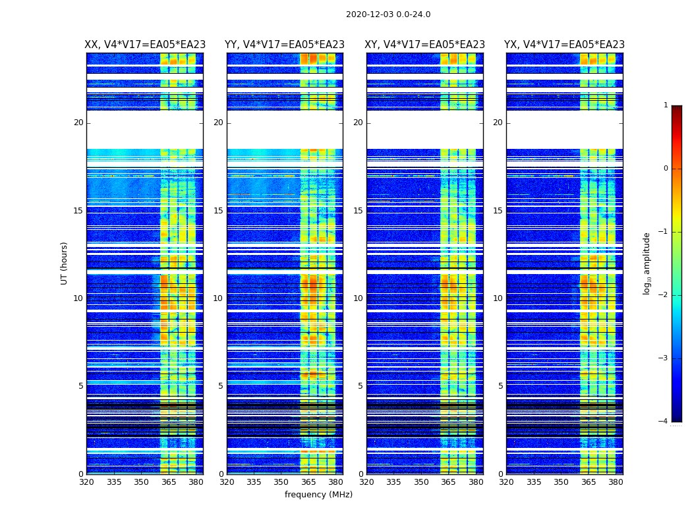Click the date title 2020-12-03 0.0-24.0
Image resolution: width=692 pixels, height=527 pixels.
click(x=388, y=14)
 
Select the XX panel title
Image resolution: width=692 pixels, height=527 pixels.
click(x=145, y=45)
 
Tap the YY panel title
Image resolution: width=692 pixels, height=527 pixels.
click(x=285, y=45)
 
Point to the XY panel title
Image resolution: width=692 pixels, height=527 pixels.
click(x=425, y=45)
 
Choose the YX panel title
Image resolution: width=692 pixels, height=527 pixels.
click(x=565, y=45)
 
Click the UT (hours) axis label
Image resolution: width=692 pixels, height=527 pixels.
click(x=64, y=263)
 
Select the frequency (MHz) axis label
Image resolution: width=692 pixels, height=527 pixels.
click(x=318, y=495)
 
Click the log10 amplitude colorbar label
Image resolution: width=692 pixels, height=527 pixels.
click(x=647, y=263)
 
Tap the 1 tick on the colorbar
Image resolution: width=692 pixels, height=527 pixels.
click(x=665, y=105)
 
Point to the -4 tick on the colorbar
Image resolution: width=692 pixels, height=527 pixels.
click(x=663, y=422)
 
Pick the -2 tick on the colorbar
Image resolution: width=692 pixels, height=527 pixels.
click(x=663, y=295)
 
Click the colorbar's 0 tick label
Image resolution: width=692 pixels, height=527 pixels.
click(x=665, y=169)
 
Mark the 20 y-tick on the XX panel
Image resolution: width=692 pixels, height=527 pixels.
click(x=78, y=123)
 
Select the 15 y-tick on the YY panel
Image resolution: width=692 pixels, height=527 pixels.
click(x=218, y=211)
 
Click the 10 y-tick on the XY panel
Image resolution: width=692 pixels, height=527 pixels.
click(x=358, y=298)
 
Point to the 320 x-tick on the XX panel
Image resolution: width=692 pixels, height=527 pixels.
click(x=86, y=482)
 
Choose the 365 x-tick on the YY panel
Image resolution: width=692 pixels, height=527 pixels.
click(x=308, y=482)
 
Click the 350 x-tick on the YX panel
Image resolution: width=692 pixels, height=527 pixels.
click(x=561, y=482)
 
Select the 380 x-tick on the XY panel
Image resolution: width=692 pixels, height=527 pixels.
click(x=476, y=482)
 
